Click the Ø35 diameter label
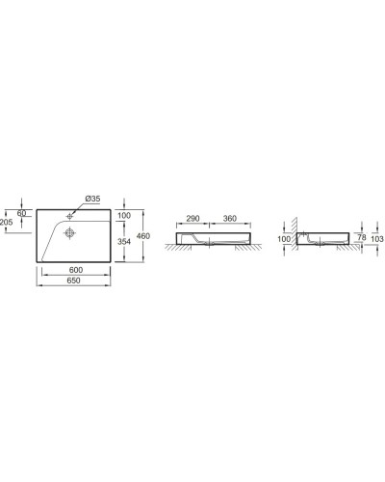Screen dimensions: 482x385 [x=92, y=199]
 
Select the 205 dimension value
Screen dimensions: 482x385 [x=8, y=222]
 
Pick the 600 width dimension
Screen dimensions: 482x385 [x=73, y=269]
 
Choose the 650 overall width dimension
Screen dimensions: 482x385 [x=73, y=279]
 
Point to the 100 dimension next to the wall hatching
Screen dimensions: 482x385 [x=284, y=237]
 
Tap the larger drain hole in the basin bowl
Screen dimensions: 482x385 [x=71, y=231]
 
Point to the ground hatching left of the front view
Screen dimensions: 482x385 [x=169, y=250]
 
